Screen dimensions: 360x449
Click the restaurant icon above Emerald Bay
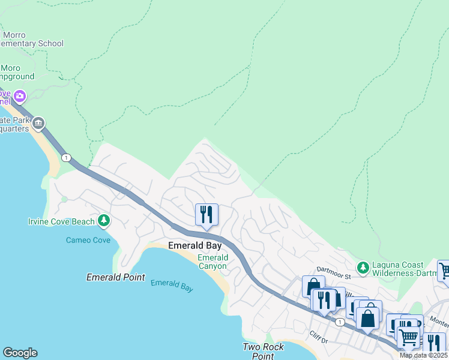[x=206, y=214]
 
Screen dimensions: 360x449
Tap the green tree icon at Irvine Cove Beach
[x=104, y=221]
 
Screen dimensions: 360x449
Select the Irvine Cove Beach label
[x=61, y=222]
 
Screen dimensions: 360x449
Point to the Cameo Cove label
[x=88, y=240]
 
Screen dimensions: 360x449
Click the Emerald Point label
[x=115, y=277]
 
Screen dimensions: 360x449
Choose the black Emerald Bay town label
[x=194, y=245]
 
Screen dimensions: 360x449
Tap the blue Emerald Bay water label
[x=172, y=286]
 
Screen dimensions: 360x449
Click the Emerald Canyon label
[x=212, y=262]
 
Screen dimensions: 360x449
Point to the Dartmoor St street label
[x=333, y=277]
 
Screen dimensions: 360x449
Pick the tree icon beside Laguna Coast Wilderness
[x=363, y=266]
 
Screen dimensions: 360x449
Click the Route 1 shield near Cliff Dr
[x=340, y=322]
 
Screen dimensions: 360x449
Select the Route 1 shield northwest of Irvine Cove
[x=65, y=158]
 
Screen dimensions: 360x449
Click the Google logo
[x=20, y=353]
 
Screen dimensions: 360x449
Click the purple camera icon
[x=20, y=96]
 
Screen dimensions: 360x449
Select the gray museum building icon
[x=38, y=124]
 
